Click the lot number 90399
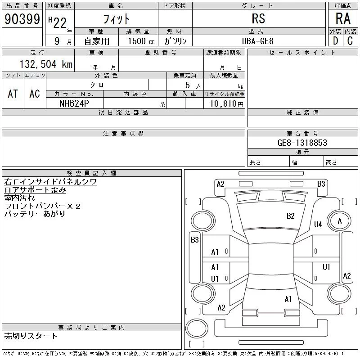coord(22,19)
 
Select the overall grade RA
coord(343,18)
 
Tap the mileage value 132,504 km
coord(46,64)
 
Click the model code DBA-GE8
coord(258,41)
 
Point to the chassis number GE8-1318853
coord(302,143)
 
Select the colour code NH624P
coord(74,103)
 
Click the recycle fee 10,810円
coord(226,104)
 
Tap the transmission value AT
coord(13,94)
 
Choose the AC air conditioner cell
coord(35,94)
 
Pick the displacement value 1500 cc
coord(141,41)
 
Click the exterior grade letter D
coord(335,41)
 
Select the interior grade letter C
coord(350,41)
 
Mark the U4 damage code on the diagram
coord(318,224)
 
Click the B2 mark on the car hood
coord(290,216)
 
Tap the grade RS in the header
coord(258,18)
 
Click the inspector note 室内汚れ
coord(19,198)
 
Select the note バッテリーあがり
coord(35,214)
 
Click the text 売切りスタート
coord(31,336)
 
